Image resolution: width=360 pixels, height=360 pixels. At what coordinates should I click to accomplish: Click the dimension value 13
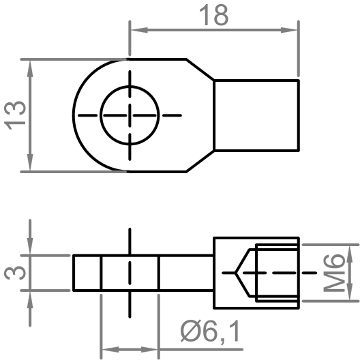[x=15, y=115]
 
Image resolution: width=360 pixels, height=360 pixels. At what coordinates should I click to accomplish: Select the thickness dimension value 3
[x=15, y=273]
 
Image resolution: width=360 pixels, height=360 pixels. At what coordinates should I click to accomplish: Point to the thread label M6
[x=333, y=271]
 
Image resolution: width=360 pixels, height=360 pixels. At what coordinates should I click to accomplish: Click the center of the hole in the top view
[x=130, y=115]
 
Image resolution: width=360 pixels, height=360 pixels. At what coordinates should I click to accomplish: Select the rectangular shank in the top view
[x=256, y=115]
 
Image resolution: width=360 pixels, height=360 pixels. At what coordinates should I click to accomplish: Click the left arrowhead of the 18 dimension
[x=135, y=29]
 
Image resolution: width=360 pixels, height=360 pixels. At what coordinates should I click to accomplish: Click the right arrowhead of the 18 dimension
[x=293, y=29]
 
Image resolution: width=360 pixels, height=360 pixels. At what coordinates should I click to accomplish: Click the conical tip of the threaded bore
[x=236, y=272]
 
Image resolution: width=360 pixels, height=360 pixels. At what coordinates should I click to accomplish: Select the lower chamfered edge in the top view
[x=200, y=160]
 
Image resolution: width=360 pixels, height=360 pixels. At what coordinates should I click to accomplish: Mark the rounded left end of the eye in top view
[x=75, y=115]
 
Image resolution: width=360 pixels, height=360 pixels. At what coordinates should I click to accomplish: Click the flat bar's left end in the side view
[x=74, y=273]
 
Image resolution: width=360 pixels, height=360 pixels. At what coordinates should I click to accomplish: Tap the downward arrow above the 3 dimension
[x=29, y=248]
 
